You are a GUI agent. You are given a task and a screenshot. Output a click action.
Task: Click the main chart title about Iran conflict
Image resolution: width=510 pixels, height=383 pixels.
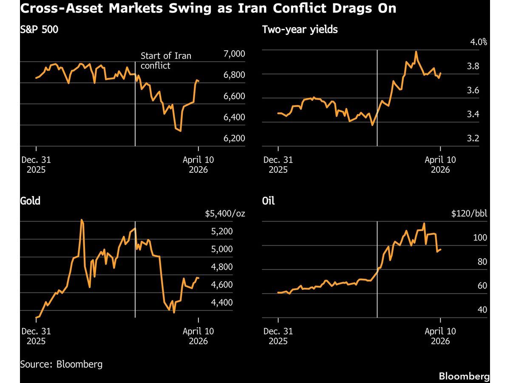pyautogui.click(x=208, y=9)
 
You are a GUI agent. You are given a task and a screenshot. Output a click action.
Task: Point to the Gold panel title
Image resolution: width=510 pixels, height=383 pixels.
pyautogui.click(x=30, y=200)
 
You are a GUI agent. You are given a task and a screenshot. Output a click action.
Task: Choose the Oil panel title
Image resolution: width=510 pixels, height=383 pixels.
pyautogui.click(x=269, y=200)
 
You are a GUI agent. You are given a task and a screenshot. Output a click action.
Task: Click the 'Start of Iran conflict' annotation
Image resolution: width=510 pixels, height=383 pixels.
pyautogui.click(x=166, y=61)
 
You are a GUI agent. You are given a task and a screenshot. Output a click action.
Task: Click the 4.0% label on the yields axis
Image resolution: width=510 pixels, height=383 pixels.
pyautogui.click(x=478, y=42)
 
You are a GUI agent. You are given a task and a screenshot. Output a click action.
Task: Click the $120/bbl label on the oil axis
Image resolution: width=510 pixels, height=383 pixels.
pyautogui.click(x=469, y=213)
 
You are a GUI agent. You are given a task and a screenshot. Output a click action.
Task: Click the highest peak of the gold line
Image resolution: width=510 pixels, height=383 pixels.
pyautogui.click(x=82, y=220)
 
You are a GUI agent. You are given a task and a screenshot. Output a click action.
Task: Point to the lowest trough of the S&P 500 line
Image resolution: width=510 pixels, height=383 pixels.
pyautogui.click(x=181, y=131)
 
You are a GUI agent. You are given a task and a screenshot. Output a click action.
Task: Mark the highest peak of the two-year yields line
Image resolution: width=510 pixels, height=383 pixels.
pyautogui.click(x=416, y=51)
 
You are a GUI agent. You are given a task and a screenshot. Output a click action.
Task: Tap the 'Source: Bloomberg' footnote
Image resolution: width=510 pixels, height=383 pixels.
pyautogui.click(x=61, y=364)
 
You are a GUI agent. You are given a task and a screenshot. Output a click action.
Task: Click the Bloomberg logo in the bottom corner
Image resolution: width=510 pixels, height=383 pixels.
pyautogui.click(x=464, y=377)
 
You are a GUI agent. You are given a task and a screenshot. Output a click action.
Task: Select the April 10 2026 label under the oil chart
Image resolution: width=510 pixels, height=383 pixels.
pyautogui.click(x=440, y=336)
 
